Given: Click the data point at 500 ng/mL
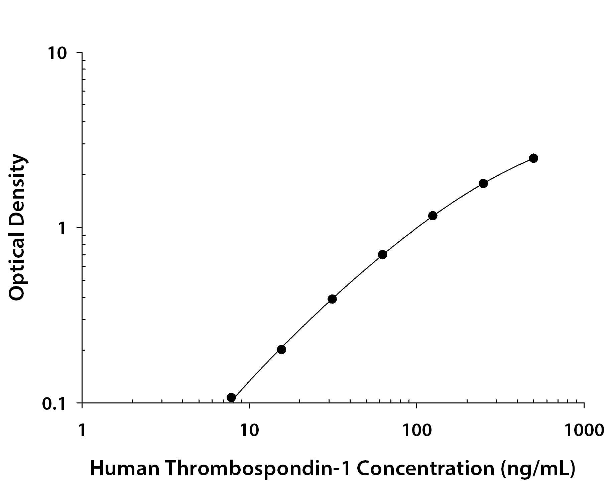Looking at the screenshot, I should pyautogui.click(x=533, y=158).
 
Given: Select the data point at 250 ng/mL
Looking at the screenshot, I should pyautogui.click(x=483, y=184).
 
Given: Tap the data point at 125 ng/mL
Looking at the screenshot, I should pyautogui.click(x=433, y=216).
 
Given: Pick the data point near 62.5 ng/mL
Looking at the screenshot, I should pyautogui.click(x=382, y=255).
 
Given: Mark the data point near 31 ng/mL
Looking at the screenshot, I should pyautogui.click(x=332, y=299).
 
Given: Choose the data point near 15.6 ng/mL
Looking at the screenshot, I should pyautogui.click(x=281, y=350).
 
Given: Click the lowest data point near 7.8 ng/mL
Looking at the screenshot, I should pyautogui.click(x=231, y=397).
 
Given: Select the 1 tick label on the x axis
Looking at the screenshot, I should pyautogui.click(x=82, y=430).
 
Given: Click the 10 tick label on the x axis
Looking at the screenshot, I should pyautogui.click(x=249, y=430).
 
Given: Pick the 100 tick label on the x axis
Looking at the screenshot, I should pyautogui.click(x=416, y=430).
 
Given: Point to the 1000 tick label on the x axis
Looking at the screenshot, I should pyautogui.click(x=584, y=430).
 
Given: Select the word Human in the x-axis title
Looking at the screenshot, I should pyautogui.click(x=125, y=469).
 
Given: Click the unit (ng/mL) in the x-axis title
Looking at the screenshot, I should pyautogui.click(x=538, y=469).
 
